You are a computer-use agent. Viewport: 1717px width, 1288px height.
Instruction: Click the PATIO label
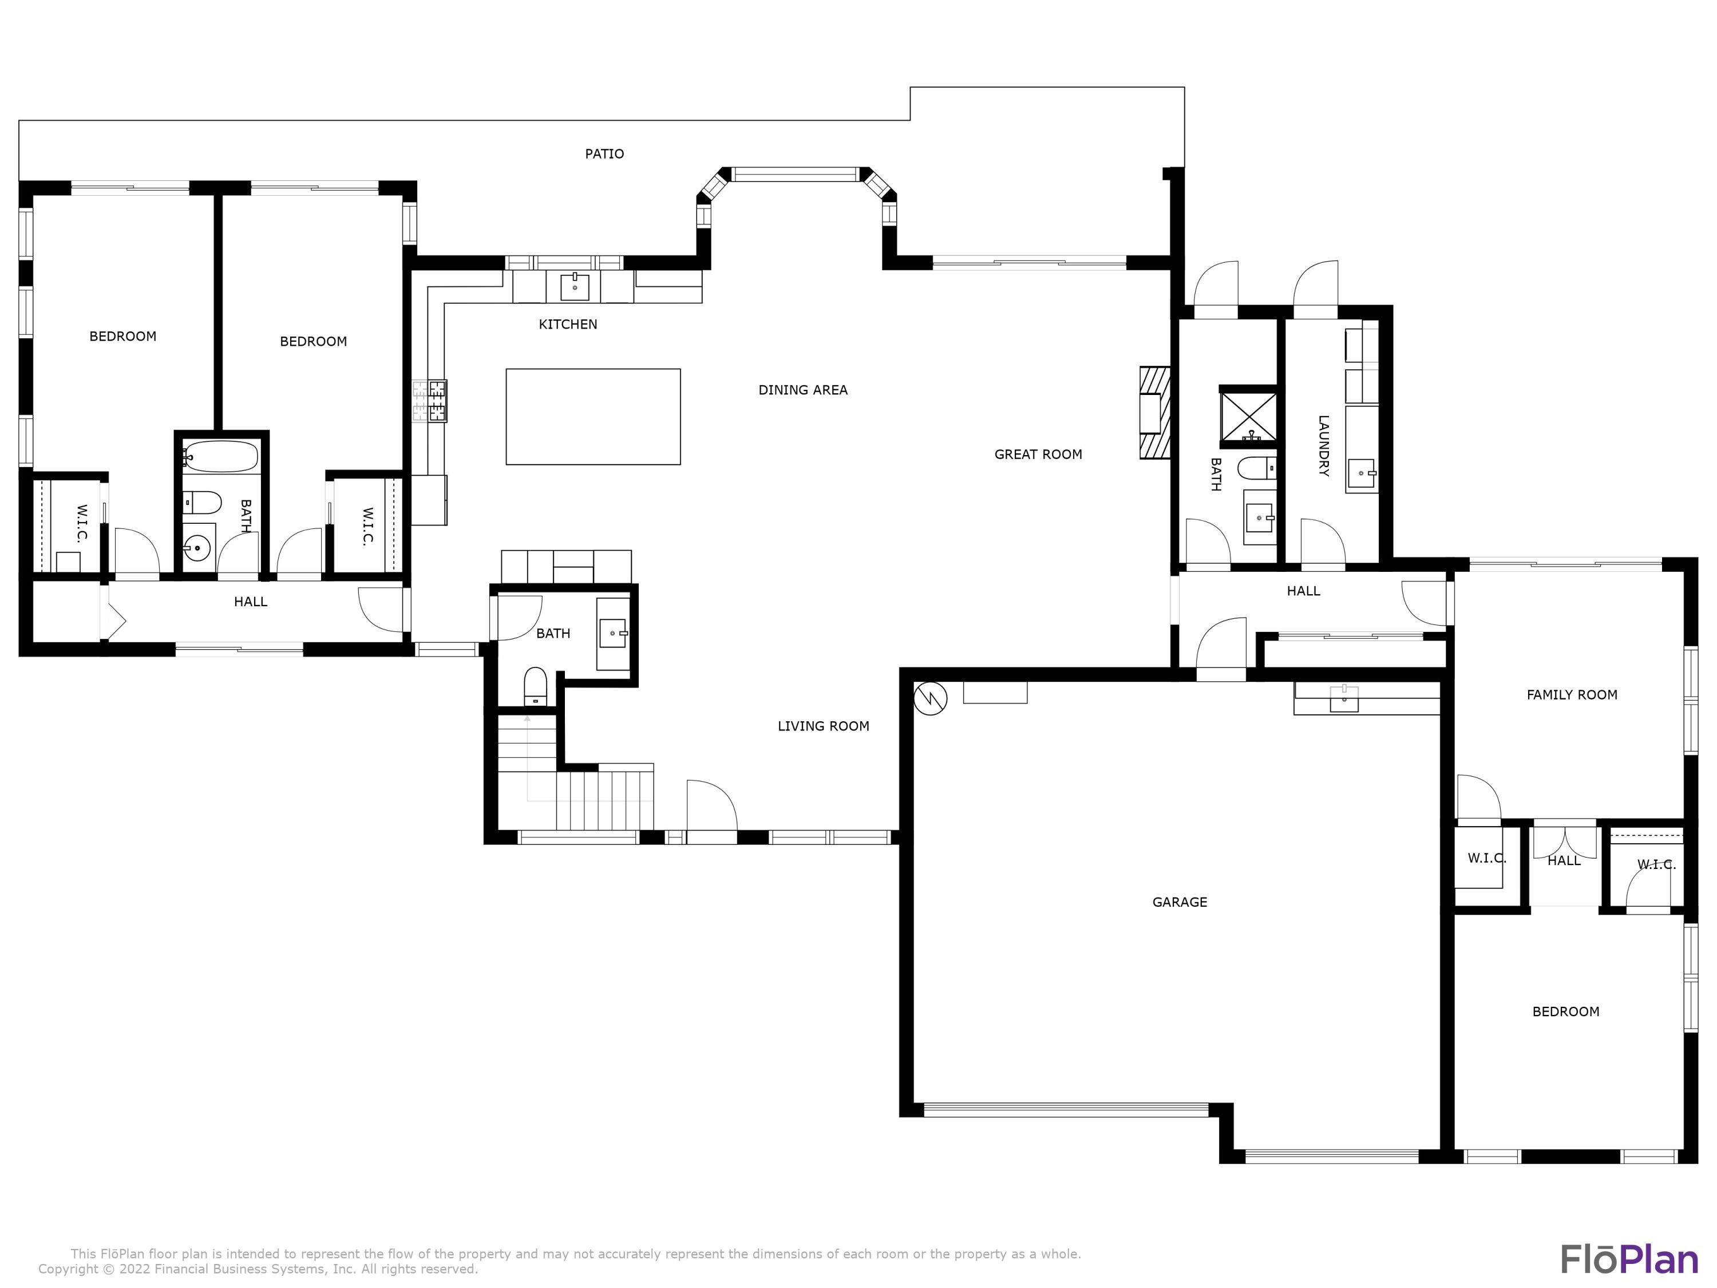pos(604,154)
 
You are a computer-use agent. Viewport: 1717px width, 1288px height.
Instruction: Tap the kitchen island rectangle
pos(593,417)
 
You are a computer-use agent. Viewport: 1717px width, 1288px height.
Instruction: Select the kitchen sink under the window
pos(575,286)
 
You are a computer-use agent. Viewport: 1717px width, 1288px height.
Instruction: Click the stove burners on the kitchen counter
pos(431,401)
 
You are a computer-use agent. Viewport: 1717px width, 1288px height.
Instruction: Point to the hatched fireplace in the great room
pos(1154,412)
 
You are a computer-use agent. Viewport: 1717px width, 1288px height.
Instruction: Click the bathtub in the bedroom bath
pos(222,456)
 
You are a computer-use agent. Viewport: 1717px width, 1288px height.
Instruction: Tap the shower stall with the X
pos(1248,417)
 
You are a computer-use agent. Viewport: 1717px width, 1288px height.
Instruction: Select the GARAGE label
pos(1179,902)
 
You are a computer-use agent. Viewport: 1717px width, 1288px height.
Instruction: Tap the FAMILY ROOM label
pos(1572,695)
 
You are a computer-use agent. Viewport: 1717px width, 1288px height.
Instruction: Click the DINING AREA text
pos(802,390)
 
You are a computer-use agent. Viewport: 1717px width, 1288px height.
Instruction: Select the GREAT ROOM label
pos(1038,454)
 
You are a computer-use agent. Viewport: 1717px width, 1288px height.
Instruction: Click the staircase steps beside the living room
pos(605,800)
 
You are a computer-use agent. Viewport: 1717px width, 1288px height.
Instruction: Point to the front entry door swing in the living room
pos(711,807)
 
